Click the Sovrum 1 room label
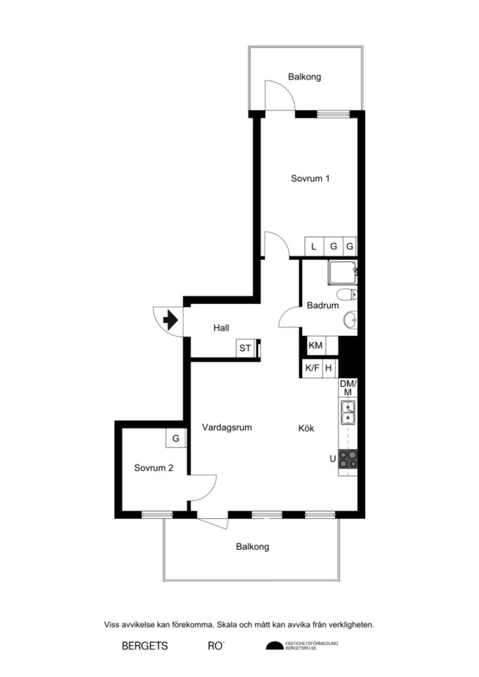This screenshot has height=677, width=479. [x=310, y=178]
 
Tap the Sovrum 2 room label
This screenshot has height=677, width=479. [x=153, y=467]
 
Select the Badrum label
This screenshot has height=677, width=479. [x=323, y=305]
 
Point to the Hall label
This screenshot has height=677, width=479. [x=221, y=328]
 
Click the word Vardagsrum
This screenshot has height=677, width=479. [x=227, y=427]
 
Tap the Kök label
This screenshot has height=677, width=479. [x=306, y=428]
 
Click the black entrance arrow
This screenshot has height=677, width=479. [x=169, y=321]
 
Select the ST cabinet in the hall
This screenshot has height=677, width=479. [x=245, y=348]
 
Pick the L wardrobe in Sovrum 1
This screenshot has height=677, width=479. [x=314, y=247]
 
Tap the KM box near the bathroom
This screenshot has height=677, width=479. [x=316, y=345]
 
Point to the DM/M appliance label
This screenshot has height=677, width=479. [x=347, y=388]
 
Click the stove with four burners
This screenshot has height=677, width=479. [x=348, y=458]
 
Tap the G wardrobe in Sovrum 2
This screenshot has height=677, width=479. [x=175, y=438]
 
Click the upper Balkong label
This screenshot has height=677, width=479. [x=304, y=77]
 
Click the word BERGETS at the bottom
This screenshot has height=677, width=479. [x=145, y=646]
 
